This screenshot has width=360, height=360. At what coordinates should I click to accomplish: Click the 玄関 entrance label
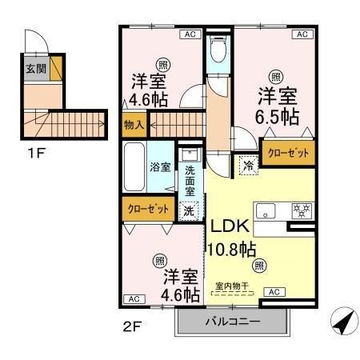[34, 67]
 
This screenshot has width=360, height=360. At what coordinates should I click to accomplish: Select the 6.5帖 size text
[278, 118]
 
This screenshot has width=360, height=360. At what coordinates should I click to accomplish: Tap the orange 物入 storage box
[134, 124]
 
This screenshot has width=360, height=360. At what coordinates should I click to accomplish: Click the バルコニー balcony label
[232, 322]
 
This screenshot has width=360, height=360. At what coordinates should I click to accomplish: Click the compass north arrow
[341, 322]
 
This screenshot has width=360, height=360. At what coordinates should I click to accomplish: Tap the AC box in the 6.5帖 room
[302, 34]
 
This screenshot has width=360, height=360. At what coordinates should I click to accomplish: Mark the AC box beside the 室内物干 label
[273, 292]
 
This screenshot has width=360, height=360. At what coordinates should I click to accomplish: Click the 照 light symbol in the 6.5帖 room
[276, 76]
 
